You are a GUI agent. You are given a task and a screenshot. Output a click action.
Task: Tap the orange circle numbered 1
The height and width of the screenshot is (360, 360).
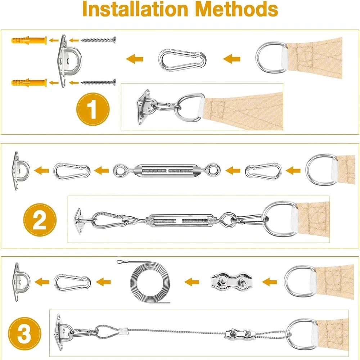click(x=93, y=109)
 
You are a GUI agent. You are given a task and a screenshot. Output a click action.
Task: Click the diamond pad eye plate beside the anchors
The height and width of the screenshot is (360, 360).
click(x=69, y=59)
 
